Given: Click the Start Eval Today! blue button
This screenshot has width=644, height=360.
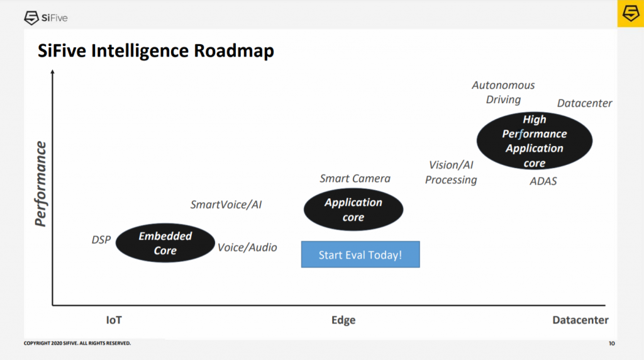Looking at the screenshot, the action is click(x=360, y=254).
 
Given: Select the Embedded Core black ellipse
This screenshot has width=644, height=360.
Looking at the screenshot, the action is click(x=165, y=243).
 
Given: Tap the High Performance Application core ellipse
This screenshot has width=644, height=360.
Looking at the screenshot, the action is click(x=535, y=141).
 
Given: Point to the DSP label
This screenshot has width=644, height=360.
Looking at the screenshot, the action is click(x=101, y=240).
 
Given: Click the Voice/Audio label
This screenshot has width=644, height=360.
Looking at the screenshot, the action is click(x=247, y=247).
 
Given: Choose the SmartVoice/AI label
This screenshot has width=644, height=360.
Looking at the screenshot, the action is click(x=226, y=205).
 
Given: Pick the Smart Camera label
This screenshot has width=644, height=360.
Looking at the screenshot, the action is click(x=355, y=178).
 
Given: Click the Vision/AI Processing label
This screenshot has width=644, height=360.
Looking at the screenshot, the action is click(x=451, y=172).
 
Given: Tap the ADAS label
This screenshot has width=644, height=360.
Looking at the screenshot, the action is click(x=543, y=181).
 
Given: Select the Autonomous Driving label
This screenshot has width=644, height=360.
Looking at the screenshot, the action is click(x=503, y=93).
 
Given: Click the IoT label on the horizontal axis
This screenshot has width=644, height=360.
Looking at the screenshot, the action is click(x=114, y=320).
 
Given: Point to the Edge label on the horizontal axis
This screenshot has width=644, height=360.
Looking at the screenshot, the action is click(x=343, y=320).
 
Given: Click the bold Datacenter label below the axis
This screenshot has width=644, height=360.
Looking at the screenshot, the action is click(x=580, y=320).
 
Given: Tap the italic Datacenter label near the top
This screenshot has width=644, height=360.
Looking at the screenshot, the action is click(x=584, y=103).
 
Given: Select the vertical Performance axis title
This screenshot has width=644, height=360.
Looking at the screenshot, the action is click(x=40, y=184).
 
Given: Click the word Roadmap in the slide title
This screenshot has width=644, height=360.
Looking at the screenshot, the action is click(x=234, y=51).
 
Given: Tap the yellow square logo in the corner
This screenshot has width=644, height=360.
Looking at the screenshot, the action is click(x=630, y=14).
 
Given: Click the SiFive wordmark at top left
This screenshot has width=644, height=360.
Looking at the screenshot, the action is click(x=46, y=18).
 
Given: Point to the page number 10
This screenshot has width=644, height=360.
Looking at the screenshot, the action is click(x=611, y=343).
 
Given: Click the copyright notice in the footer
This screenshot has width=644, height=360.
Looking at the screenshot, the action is click(x=77, y=343).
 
